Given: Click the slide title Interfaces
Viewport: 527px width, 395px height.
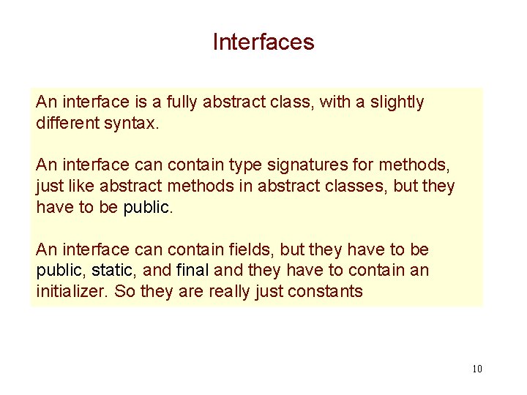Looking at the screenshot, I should (263, 42).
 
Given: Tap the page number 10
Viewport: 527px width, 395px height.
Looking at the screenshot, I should (477, 369).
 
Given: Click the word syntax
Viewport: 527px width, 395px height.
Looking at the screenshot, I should (132, 124).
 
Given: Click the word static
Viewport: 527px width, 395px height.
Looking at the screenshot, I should (113, 271).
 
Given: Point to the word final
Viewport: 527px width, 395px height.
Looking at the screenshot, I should (193, 271).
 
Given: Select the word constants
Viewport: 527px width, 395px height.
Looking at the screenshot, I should (327, 291).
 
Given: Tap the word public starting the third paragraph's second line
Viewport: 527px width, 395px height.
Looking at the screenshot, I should (60, 271).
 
